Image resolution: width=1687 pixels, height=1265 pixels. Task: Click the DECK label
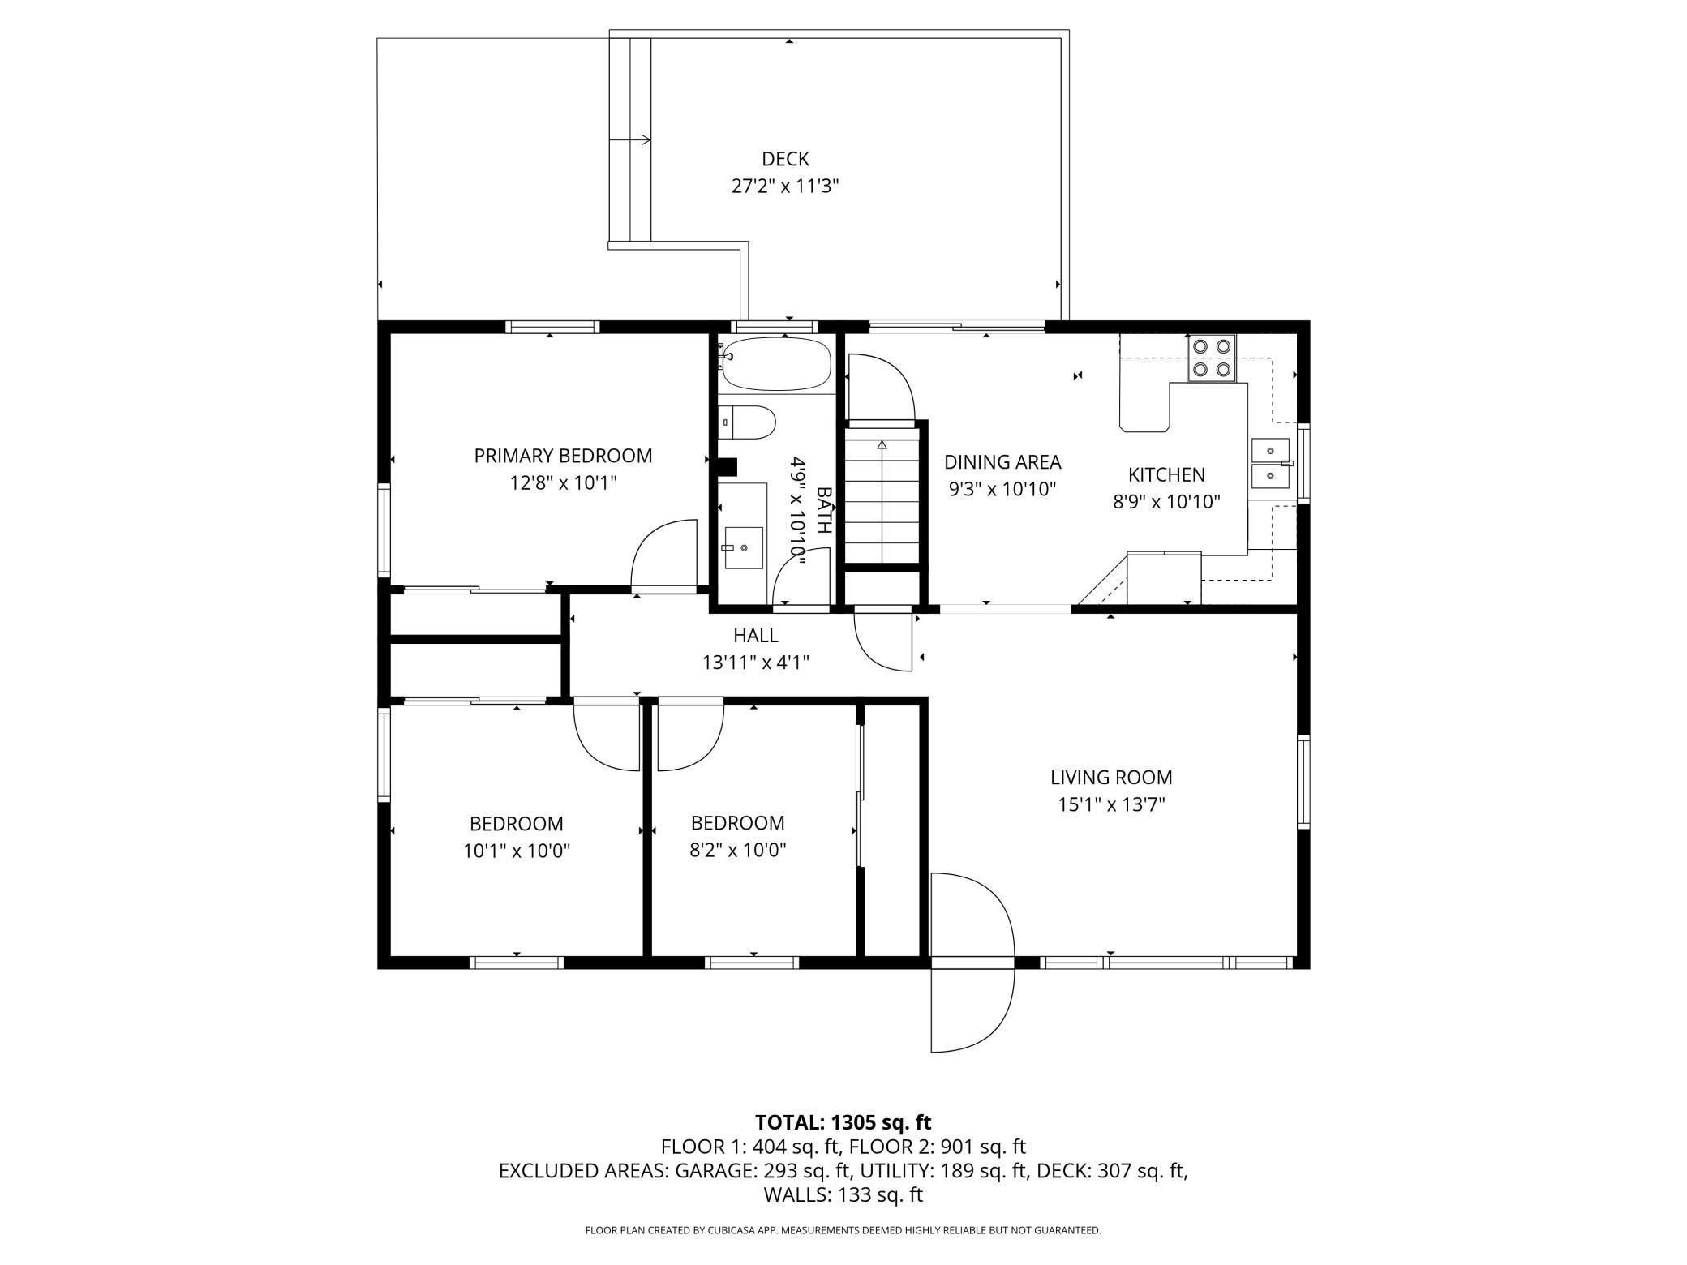(x=785, y=159)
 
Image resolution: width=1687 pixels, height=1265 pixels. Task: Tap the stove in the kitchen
(x=1212, y=358)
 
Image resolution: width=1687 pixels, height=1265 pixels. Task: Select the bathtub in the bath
(x=775, y=363)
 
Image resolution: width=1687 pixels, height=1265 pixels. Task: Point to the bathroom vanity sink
(x=744, y=549)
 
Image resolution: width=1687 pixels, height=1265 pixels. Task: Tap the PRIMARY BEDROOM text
(x=563, y=456)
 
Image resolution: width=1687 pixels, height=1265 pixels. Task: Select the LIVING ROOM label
(x=1111, y=778)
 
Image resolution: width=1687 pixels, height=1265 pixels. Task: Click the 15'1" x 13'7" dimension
(x=1111, y=805)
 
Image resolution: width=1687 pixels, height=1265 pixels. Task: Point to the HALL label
(x=756, y=636)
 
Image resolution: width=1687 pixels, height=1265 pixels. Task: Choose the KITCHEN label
(x=1166, y=474)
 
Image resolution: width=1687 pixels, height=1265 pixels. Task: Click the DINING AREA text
(x=1002, y=462)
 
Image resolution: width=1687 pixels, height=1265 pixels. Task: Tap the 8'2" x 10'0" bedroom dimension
(x=737, y=851)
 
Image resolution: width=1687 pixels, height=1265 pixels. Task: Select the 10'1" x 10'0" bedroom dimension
(x=517, y=851)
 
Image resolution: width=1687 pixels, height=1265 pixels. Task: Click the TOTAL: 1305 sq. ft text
(x=843, y=1122)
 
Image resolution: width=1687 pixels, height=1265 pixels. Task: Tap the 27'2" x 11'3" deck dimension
(x=785, y=187)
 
